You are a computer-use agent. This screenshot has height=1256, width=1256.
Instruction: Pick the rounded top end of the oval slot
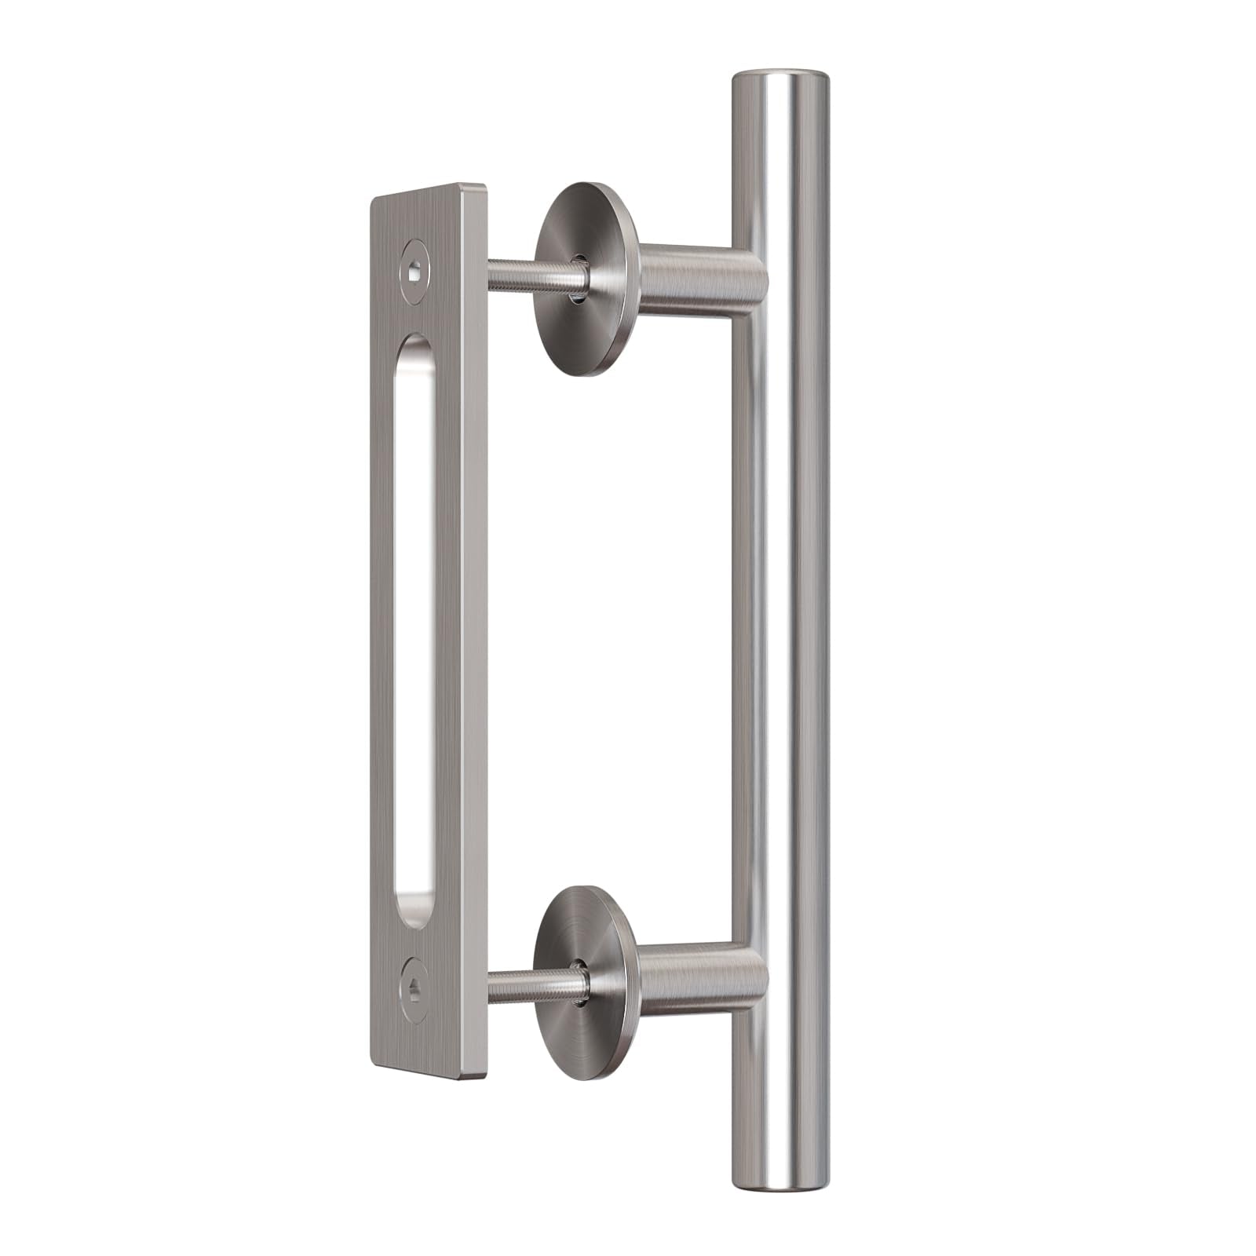[x=416, y=345]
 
